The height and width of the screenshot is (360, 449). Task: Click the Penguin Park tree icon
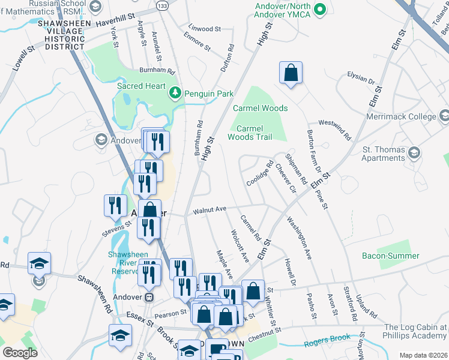click(175, 93)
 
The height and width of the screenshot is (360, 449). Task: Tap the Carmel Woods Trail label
click(250, 133)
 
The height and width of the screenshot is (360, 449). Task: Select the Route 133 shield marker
click(163, 5)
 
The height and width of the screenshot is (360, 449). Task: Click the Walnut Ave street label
click(209, 209)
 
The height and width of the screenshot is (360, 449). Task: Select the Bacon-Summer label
click(390, 256)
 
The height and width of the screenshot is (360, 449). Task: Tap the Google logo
click(20, 352)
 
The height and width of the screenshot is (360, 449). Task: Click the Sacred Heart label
click(141, 86)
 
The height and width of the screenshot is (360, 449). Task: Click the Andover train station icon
click(150, 297)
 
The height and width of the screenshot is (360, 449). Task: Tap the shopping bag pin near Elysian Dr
click(291, 73)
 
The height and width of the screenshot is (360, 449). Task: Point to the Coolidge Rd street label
click(259, 173)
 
